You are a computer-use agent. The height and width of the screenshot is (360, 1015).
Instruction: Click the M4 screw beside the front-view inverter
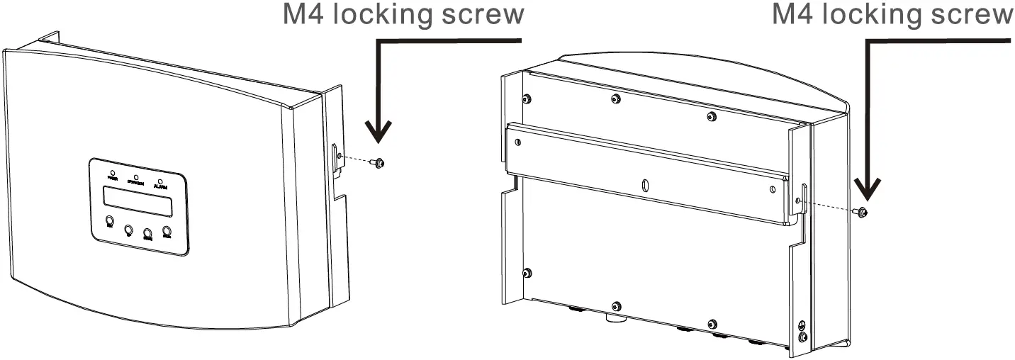pyautogui.click(x=381, y=164)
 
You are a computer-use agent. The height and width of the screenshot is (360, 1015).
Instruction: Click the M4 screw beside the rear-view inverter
pyautogui.click(x=862, y=211)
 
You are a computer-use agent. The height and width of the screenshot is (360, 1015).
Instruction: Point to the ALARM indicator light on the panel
pyautogui.click(x=160, y=181)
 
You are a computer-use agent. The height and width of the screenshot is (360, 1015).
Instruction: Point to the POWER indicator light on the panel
pyautogui.click(x=113, y=171)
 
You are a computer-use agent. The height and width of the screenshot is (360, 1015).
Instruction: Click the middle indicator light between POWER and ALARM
pyautogui.click(x=135, y=176)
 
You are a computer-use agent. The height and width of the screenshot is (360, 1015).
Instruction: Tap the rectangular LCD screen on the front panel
pyautogui.click(x=137, y=201)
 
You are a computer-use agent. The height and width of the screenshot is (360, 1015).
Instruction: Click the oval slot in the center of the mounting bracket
pyautogui.click(x=644, y=186)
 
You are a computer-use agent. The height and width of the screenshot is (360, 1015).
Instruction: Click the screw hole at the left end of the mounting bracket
pyautogui.click(x=521, y=141)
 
